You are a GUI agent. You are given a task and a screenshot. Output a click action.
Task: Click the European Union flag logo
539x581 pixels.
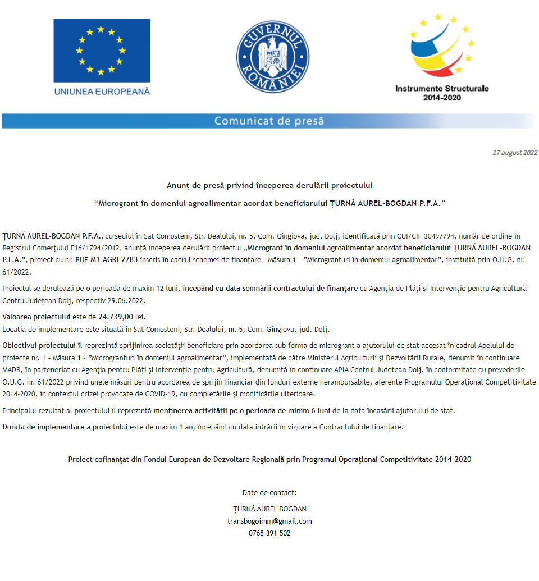(x=102, y=51)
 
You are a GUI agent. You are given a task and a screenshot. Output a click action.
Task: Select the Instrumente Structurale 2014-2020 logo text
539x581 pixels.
(x=442, y=93)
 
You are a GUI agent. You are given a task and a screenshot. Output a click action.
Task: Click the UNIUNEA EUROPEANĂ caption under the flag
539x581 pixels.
(x=102, y=91)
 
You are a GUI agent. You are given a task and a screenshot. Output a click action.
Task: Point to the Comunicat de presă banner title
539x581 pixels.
(x=269, y=121)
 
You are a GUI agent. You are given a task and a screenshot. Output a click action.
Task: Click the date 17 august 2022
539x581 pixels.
(x=514, y=153)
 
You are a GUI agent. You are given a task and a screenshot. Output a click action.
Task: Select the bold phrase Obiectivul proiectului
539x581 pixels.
(x=39, y=345)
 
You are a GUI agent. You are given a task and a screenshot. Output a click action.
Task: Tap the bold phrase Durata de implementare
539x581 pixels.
(x=43, y=427)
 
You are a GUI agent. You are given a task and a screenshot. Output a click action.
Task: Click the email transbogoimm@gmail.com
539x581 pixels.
(x=269, y=521)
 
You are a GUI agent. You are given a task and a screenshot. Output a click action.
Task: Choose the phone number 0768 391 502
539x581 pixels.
(x=269, y=533)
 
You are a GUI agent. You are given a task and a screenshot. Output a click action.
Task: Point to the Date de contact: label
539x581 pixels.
(x=269, y=493)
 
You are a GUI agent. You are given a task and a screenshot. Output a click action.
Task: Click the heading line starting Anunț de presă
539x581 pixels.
(x=269, y=185)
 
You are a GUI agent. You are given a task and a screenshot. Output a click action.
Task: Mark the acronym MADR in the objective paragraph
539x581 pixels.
(x=12, y=369)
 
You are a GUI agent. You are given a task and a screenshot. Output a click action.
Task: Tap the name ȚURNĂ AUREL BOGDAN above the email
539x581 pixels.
(x=269, y=509)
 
